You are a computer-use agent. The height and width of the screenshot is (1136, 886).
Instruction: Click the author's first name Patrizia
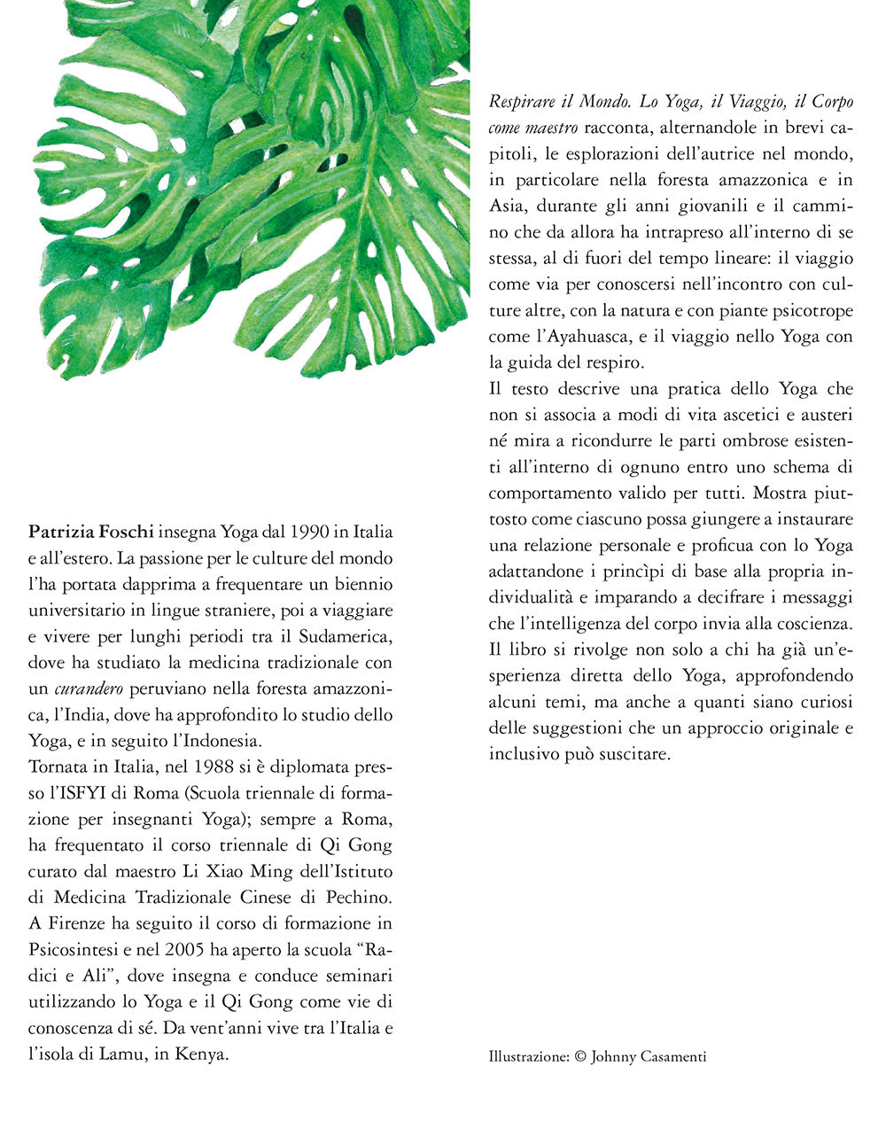coord(63,533)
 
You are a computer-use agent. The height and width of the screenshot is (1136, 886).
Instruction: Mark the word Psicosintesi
coord(74,950)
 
